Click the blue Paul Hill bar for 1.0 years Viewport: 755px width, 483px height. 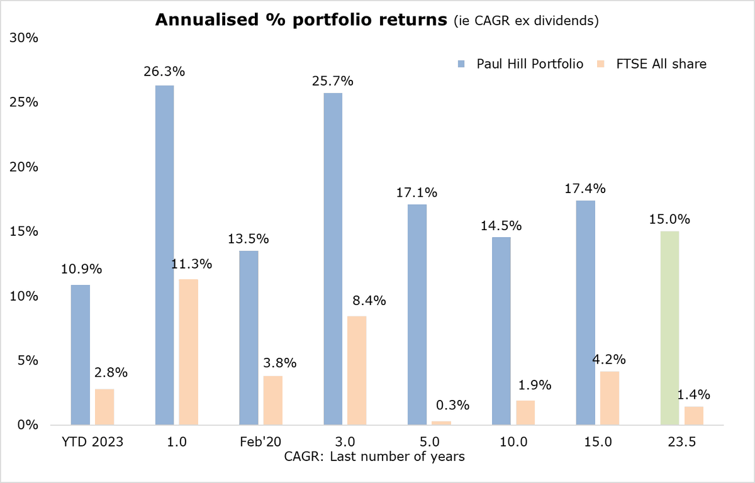164,255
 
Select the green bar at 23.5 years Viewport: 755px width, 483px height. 669,328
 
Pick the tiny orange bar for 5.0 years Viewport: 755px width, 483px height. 441,423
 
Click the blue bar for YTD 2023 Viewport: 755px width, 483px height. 80,355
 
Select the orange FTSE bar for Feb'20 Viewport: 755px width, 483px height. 273,400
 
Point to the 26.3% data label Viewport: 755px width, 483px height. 164,72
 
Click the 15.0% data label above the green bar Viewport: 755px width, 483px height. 669,219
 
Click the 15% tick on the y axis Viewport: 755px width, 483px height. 24,231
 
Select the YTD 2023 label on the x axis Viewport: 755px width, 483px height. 92,441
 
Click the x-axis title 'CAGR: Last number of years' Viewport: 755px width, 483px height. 374,457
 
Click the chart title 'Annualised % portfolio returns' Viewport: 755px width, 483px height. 302,20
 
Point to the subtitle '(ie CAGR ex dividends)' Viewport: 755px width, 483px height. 526,21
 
